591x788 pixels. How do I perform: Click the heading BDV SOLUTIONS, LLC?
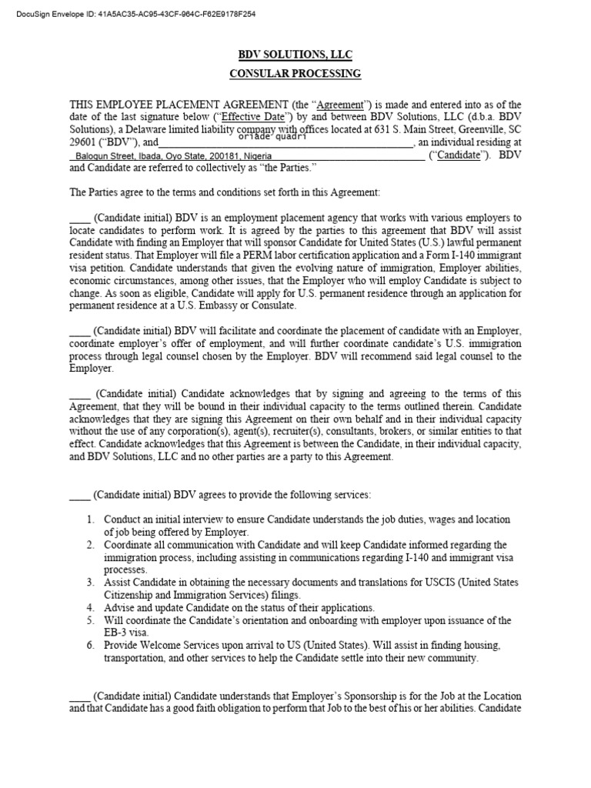295,55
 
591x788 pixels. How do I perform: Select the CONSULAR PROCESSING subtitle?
295,74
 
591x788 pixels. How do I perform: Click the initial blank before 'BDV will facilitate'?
80,331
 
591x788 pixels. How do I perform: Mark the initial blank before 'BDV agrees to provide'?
80,495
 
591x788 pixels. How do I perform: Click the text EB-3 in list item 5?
116,633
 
